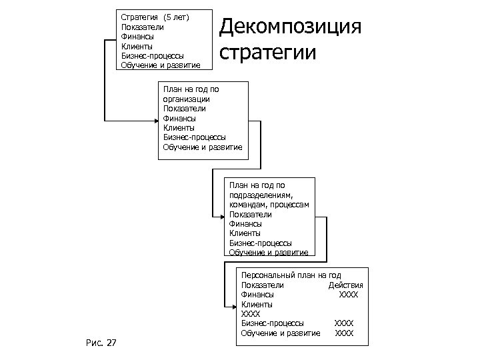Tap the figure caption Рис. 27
101,343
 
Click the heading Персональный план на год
291,275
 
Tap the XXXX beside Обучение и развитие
344,333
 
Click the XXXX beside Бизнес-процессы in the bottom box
344,323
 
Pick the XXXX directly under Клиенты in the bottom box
250,313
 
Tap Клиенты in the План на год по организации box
179,127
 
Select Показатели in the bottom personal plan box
262,285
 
